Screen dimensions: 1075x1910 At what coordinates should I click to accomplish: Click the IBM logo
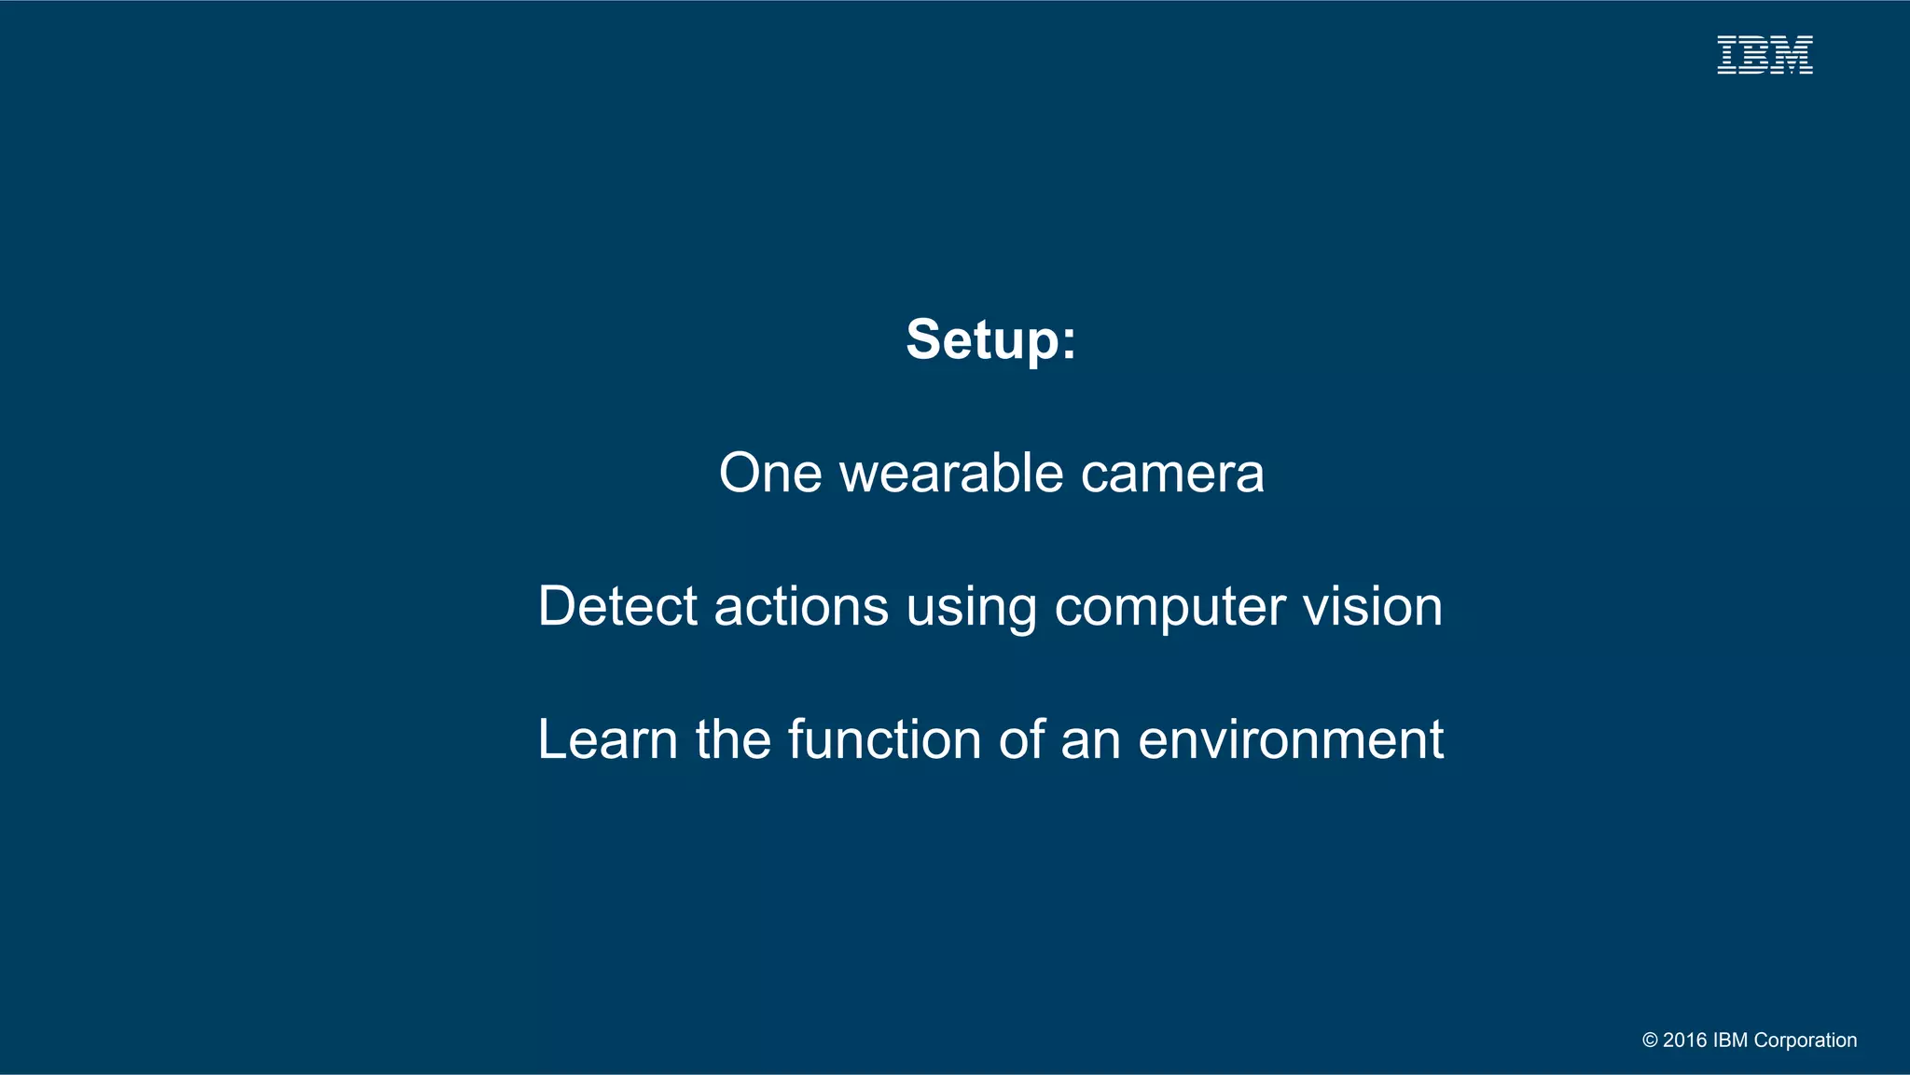point(1765,55)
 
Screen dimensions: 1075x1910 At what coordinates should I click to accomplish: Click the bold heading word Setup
point(990,339)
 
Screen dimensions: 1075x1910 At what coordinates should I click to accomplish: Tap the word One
point(770,473)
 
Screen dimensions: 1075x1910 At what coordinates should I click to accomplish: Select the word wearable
point(951,473)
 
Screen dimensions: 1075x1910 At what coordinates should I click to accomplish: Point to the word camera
point(1172,473)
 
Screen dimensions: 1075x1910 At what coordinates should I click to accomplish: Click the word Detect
point(617,606)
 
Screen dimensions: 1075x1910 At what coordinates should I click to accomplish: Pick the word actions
point(801,606)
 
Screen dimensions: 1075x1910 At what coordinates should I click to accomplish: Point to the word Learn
point(607,739)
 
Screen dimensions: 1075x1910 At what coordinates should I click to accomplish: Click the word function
point(884,739)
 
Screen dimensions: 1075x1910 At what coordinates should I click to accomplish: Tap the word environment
point(1291,739)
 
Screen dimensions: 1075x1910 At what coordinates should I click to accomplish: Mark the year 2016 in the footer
point(1684,1041)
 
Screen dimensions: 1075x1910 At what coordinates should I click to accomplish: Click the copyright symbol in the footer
point(1650,1041)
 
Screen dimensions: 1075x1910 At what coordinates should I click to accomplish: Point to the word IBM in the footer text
point(1730,1041)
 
